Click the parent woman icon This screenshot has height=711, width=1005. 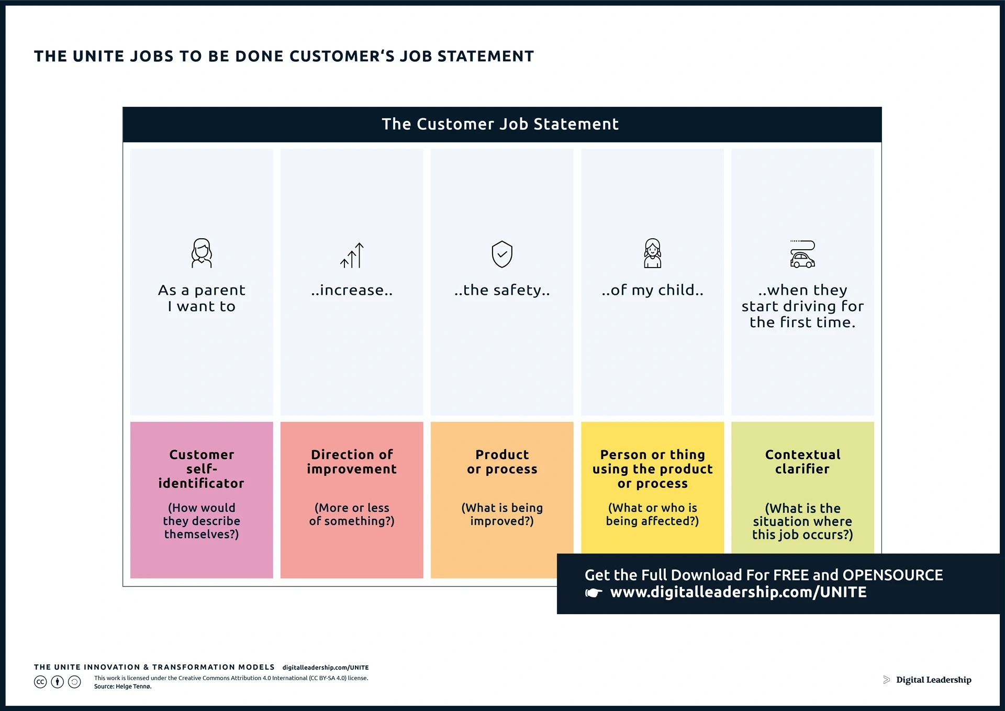coord(202,253)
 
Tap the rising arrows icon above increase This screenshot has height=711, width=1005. coord(352,255)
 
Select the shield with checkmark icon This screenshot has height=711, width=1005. coord(502,254)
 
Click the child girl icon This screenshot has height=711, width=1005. coord(652,253)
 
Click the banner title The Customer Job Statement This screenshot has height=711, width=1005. coord(500,124)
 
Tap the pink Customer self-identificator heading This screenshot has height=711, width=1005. coord(202,469)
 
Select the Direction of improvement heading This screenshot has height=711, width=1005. coord(352,462)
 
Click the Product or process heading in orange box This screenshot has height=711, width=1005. coord(502,462)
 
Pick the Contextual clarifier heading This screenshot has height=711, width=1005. coord(802,462)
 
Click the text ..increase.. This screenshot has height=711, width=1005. coord(352,290)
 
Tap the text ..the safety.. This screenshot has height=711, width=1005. coord(502,290)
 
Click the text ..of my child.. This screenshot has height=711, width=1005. coord(652,290)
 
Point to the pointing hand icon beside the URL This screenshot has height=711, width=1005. coord(594,593)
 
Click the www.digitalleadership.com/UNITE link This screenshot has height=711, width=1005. coord(738,592)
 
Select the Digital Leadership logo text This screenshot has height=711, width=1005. coord(933,680)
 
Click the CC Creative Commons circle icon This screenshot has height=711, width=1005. coord(40,682)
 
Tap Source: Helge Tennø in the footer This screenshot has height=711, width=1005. coord(123,686)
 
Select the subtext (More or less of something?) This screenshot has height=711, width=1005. coord(352,514)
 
